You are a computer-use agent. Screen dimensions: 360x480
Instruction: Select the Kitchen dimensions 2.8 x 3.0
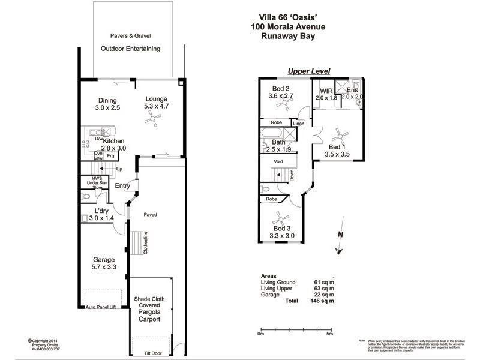coord(113,148)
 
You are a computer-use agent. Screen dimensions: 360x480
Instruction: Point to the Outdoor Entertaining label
coord(130,49)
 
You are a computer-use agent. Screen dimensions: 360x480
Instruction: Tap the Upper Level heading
coord(308,71)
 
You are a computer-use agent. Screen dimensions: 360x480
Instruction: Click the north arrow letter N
coord(340,235)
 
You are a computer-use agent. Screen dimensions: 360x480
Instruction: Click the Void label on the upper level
coord(278,161)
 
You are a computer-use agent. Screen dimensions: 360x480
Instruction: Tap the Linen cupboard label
coord(307,124)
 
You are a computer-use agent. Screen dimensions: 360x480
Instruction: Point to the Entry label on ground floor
coord(123,186)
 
